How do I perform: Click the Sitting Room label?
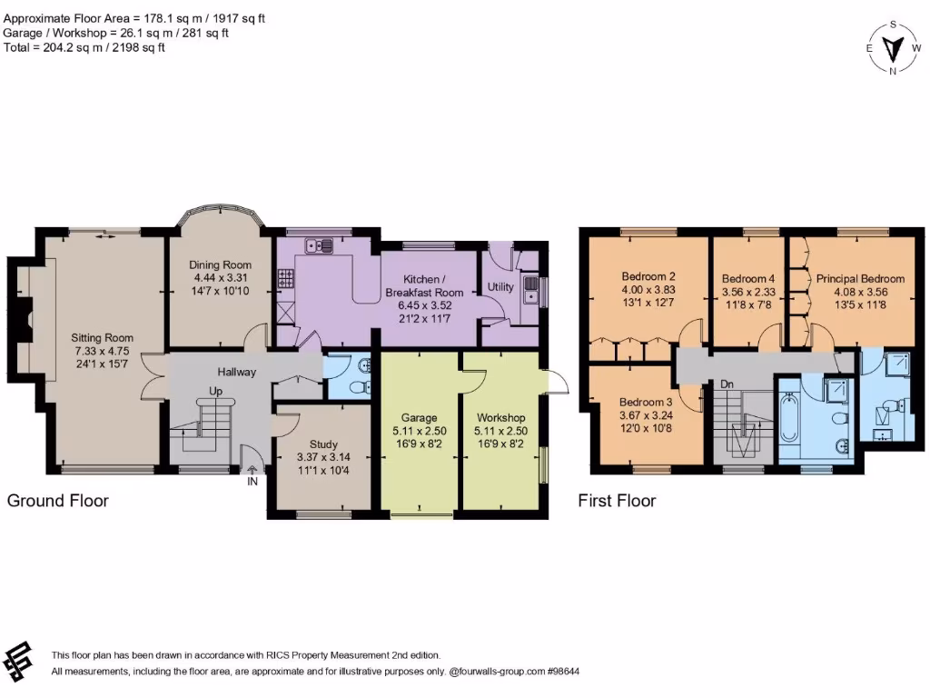click(x=103, y=337)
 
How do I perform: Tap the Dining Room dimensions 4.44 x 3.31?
click(x=222, y=277)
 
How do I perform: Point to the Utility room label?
click(x=500, y=287)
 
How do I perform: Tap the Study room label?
click(x=323, y=444)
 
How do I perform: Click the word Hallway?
click(x=236, y=372)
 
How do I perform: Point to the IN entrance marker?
click(x=252, y=481)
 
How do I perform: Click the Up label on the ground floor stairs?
click(x=216, y=391)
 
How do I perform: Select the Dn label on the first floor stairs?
click(x=727, y=384)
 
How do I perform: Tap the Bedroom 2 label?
click(x=648, y=276)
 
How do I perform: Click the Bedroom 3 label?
click(x=646, y=403)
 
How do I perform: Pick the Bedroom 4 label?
click(x=748, y=279)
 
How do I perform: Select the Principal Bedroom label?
click(x=860, y=279)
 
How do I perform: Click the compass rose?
click(x=895, y=47)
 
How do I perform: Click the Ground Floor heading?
click(x=58, y=501)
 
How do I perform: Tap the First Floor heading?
click(x=617, y=501)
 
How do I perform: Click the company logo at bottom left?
click(x=20, y=661)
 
